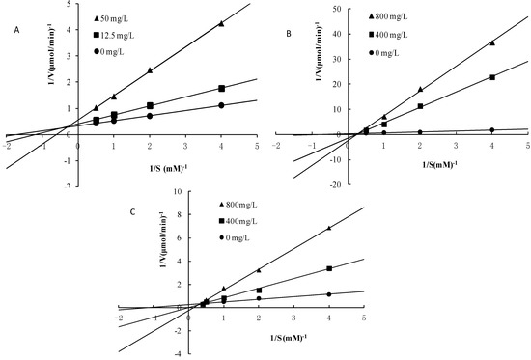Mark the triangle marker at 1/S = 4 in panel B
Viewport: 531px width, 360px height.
click(492, 42)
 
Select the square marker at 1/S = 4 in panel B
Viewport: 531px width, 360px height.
click(492, 77)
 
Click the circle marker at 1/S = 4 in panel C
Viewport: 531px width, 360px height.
click(329, 294)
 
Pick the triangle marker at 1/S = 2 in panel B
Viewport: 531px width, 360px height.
click(420, 89)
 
